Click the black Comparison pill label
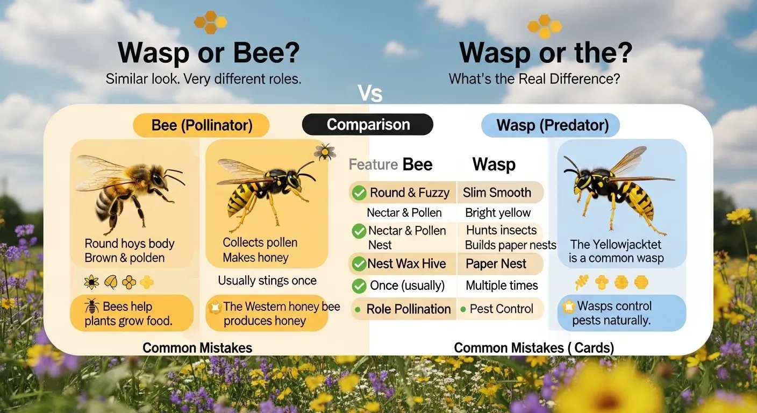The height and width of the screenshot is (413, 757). point(368,125)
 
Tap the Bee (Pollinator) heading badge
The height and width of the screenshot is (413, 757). point(202,125)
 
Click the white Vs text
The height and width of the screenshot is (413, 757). point(370,94)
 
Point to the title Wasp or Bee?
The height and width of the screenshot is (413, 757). point(209,53)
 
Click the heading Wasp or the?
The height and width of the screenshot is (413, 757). point(545,53)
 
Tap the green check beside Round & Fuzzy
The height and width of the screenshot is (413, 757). point(359,193)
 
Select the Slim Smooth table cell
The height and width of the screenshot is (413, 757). point(497,193)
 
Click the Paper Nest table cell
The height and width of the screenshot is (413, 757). point(496,264)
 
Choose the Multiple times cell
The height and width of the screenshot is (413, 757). point(501,286)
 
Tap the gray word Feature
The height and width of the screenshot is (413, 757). point(372,165)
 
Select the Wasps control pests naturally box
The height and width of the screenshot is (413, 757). point(622,314)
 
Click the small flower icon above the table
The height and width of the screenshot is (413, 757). point(325,152)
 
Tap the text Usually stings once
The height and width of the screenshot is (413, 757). point(267,281)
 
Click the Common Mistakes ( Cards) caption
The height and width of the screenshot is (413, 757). point(533,348)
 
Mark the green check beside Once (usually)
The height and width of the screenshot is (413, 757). point(359,286)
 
